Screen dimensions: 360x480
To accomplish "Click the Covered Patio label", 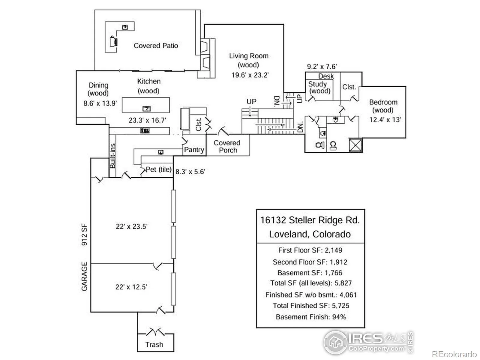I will [156, 46].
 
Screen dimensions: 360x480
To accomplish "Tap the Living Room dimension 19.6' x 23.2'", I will [250, 75].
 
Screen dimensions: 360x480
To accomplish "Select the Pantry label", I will [194, 149].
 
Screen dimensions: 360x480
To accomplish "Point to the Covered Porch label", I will [227, 146].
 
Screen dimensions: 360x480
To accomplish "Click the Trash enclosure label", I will [154, 344].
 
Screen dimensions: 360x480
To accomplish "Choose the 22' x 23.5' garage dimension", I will [132, 226].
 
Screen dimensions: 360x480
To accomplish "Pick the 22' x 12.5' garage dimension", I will [131, 287].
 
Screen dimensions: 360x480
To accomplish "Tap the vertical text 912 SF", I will [84, 235].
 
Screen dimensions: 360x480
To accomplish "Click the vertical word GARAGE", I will [84, 276].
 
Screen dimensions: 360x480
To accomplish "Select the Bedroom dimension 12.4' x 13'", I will [385, 119].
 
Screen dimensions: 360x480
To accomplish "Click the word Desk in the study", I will [326, 76].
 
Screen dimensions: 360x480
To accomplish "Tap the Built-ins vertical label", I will [112, 156].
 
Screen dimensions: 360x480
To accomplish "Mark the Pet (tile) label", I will [158, 169].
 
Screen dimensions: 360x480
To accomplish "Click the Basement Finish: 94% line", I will [311, 317].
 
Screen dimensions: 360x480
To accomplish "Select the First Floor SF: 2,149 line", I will [310, 250].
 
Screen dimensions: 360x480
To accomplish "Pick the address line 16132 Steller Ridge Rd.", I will [310, 220].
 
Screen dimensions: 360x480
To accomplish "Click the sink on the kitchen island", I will [146, 109].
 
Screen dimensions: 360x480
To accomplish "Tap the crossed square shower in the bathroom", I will [356, 145].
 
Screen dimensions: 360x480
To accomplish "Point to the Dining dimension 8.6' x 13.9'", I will [100, 103].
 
